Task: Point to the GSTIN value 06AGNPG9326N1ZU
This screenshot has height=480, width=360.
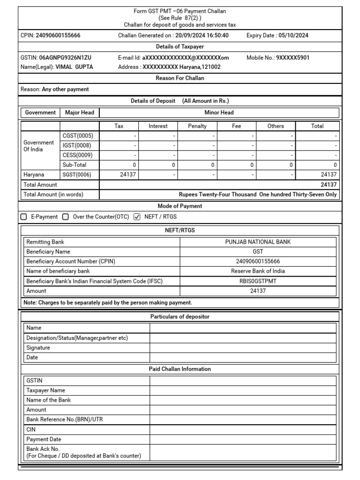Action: pos(65,58)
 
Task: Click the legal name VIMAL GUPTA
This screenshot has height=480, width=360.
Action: pos(74,67)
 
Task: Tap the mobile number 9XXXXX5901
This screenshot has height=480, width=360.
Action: pos(292,58)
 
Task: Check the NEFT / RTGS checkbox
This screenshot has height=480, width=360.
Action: pos(137,217)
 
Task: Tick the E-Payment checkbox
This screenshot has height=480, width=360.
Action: pos(24,217)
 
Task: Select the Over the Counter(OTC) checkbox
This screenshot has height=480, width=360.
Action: pos(66,217)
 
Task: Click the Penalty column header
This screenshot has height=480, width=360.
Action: pos(197,126)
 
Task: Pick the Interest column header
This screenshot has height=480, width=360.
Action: pos(158,126)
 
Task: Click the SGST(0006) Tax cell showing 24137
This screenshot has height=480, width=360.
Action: pos(119,175)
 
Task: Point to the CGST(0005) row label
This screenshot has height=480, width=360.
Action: pos(78,136)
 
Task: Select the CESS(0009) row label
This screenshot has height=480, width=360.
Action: pos(78,155)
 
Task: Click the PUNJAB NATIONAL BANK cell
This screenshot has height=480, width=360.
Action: pos(258,242)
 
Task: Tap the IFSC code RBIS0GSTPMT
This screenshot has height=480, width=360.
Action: pos(258,281)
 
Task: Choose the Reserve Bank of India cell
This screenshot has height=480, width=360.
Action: pos(258,271)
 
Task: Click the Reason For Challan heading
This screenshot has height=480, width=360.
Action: pos(180,78)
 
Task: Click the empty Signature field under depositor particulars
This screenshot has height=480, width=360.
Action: pos(243,348)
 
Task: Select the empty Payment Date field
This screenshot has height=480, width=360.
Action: pos(243,440)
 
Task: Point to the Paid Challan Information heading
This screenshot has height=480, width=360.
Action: pos(180,369)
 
